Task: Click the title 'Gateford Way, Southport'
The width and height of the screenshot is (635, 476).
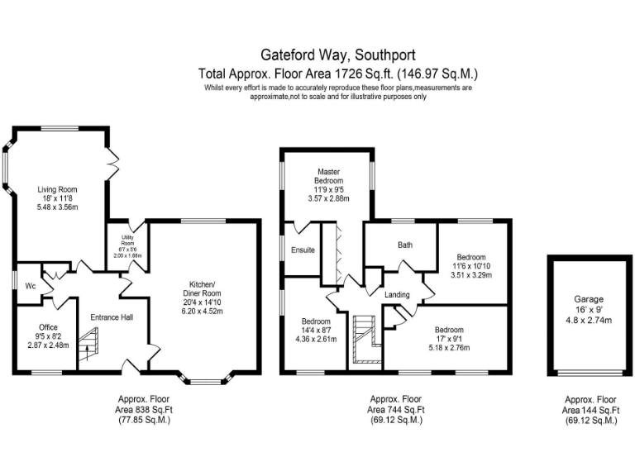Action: [317, 56]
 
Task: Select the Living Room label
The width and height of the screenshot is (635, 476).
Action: [58, 189]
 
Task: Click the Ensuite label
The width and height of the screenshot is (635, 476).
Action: [302, 250]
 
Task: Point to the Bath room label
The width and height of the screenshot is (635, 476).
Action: [404, 245]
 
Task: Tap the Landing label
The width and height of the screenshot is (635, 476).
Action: [398, 294]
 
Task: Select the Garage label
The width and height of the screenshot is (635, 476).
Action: [589, 298]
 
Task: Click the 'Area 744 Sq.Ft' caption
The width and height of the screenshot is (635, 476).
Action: [396, 409]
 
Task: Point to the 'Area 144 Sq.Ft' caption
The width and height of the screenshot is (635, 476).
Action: [589, 409]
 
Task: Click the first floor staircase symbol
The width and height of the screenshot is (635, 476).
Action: [365, 338]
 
